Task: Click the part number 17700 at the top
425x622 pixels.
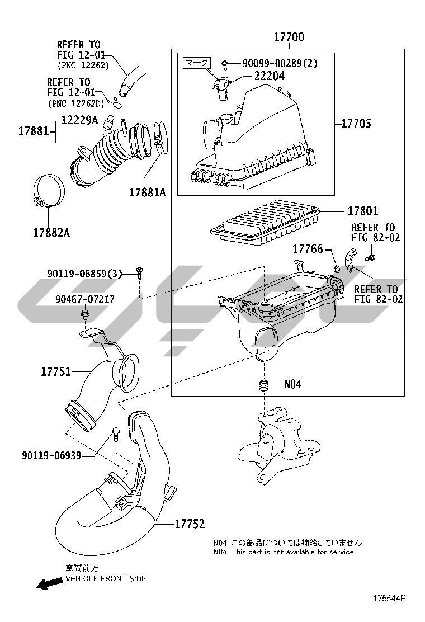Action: [289, 37]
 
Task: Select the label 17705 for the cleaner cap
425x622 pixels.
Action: [356, 124]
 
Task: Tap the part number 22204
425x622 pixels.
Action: [270, 76]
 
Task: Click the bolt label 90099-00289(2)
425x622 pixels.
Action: [280, 63]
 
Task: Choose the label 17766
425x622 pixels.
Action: [308, 249]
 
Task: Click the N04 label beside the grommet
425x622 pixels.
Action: [292, 384]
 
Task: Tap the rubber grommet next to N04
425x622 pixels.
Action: [263, 385]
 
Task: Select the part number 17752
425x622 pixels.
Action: [190, 524]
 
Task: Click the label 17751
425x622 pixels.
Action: [56, 372]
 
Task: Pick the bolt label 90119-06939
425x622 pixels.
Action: [51, 455]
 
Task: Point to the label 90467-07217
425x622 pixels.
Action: [85, 299]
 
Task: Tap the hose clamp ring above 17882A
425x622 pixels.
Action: [48, 190]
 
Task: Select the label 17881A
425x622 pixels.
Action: [148, 192]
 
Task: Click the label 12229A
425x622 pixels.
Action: [79, 120]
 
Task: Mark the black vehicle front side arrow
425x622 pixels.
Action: [50, 583]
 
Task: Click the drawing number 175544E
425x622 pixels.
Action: [389, 599]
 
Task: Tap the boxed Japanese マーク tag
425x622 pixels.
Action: [197, 63]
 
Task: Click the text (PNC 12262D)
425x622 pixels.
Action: [76, 103]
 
